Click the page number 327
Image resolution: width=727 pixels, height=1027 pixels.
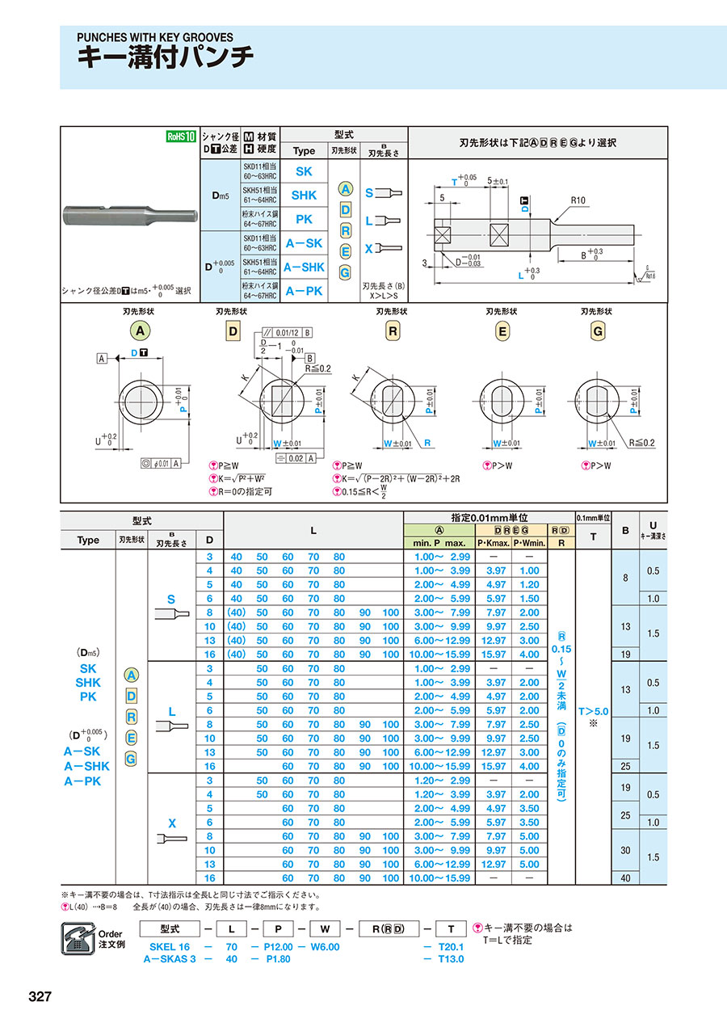[40, 996]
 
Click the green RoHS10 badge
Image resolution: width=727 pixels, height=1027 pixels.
[180, 137]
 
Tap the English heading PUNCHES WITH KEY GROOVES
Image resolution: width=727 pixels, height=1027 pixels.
[154, 37]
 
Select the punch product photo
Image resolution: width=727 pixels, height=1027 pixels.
[130, 216]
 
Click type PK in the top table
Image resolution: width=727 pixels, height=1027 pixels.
[303, 219]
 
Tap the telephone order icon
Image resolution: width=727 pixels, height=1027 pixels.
[80, 937]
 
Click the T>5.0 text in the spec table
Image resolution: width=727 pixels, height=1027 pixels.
[594, 711]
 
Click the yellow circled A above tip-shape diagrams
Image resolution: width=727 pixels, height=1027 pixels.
[141, 330]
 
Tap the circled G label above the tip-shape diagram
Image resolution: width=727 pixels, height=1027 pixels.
[598, 330]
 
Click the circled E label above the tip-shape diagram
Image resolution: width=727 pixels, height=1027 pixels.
[502, 330]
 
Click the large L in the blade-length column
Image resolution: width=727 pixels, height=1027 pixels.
[171, 711]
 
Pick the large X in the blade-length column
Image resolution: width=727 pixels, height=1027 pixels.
[171, 823]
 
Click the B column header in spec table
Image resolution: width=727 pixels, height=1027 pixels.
[624, 531]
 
